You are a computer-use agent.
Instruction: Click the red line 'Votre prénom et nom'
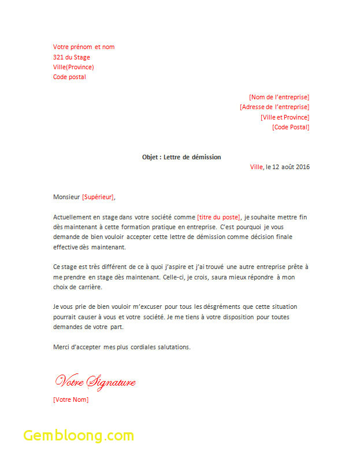point(84,47)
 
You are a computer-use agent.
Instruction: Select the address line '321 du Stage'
point(72,57)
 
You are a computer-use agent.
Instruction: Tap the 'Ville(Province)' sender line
point(73,67)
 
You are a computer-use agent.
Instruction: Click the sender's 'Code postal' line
point(69,77)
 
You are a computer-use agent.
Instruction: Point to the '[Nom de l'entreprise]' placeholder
point(279,97)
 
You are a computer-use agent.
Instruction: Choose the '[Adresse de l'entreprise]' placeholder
point(274,107)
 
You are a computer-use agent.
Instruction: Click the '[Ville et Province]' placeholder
point(285,117)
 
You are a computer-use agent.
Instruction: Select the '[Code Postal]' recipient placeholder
point(291,127)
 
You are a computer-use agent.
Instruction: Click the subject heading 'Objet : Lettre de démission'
point(181,157)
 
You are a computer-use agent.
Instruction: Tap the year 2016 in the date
point(303,167)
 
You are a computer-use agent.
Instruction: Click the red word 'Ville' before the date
point(256,167)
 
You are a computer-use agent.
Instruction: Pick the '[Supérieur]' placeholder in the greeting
point(98,197)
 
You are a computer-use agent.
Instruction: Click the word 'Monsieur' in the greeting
point(66,197)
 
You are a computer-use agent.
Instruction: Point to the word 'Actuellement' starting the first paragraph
point(72,217)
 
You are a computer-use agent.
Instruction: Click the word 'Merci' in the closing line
point(61,347)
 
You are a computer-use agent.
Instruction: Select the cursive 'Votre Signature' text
point(95,382)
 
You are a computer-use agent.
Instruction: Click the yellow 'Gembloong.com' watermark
point(79,435)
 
